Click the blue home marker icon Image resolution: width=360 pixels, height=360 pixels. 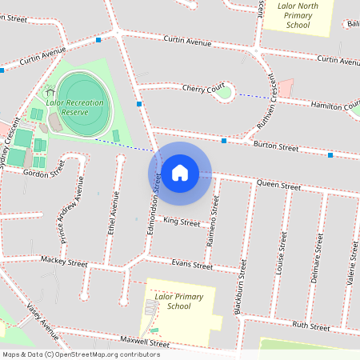coord(179,172)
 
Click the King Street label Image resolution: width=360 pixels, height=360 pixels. coord(180,222)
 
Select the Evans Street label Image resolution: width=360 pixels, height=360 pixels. coord(192,266)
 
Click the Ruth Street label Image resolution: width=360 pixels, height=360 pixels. coord(310,326)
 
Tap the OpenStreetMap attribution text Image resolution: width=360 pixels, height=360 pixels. coord(81,354)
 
